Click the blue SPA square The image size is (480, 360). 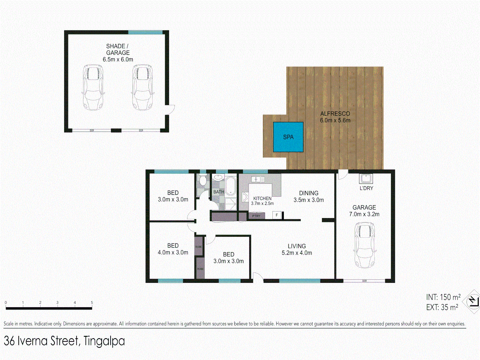pyautogui.click(x=288, y=137)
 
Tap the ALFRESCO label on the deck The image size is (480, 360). pyautogui.click(x=335, y=117)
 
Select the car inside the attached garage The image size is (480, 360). pyautogui.click(x=365, y=245)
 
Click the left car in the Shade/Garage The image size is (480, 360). pyautogui.click(x=93, y=87)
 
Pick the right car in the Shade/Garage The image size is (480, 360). pyautogui.click(x=142, y=87)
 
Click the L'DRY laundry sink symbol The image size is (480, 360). pyautogui.click(x=366, y=178)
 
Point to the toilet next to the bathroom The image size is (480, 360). pyautogui.click(x=203, y=180)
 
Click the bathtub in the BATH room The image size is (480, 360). pyautogui.click(x=231, y=186)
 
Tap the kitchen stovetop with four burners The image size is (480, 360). pyautogui.click(x=245, y=197)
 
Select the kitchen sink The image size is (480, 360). pyautogui.click(x=258, y=179)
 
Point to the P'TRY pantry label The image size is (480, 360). pyautogui.click(x=256, y=216)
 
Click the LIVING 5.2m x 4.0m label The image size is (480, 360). pyautogui.click(x=297, y=249)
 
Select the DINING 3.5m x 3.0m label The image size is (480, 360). pyautogui.click(x=309, y=196)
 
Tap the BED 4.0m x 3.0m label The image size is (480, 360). pyautogui.click(x=173, y=249)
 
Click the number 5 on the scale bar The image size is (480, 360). pyautogui.click(x=92, y=303)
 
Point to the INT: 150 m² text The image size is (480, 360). pyautogui.click(x=443, y=297)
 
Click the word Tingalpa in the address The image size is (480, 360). pyautogui.click(x=104, y=341)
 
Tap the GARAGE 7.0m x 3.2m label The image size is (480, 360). pyautogui.click(x=364, y=211)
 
